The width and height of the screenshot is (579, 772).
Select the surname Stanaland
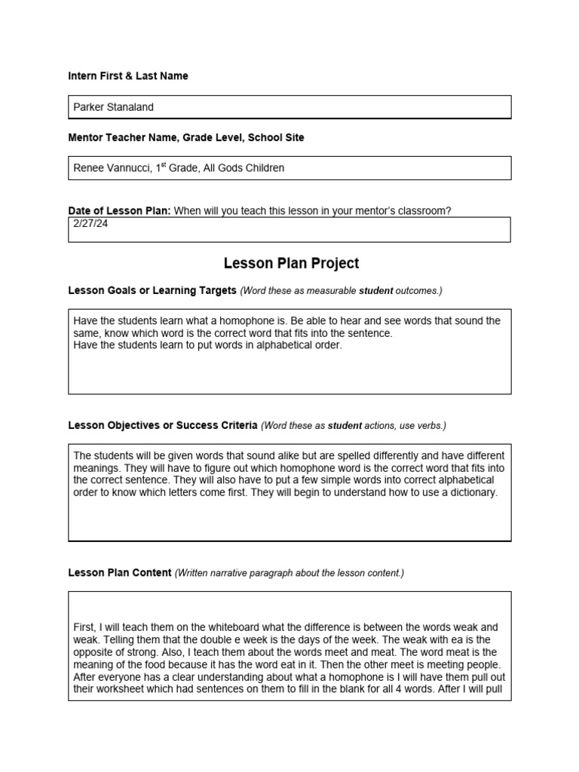[x=130, y=107]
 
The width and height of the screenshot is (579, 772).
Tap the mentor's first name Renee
[x=89, y=168]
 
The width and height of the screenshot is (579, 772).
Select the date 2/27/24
[x=90, y=224]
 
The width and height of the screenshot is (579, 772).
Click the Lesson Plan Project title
[x=291, y=263]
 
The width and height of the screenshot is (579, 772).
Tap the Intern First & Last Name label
[x=128, y=76]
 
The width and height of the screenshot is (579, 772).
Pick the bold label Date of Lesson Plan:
[x=119, y=211]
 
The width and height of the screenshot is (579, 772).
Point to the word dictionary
[x=471, y=492]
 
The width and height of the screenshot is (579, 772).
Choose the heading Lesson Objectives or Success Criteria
[x=163, y=425]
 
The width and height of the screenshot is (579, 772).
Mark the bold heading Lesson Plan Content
[x=120, y=572]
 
